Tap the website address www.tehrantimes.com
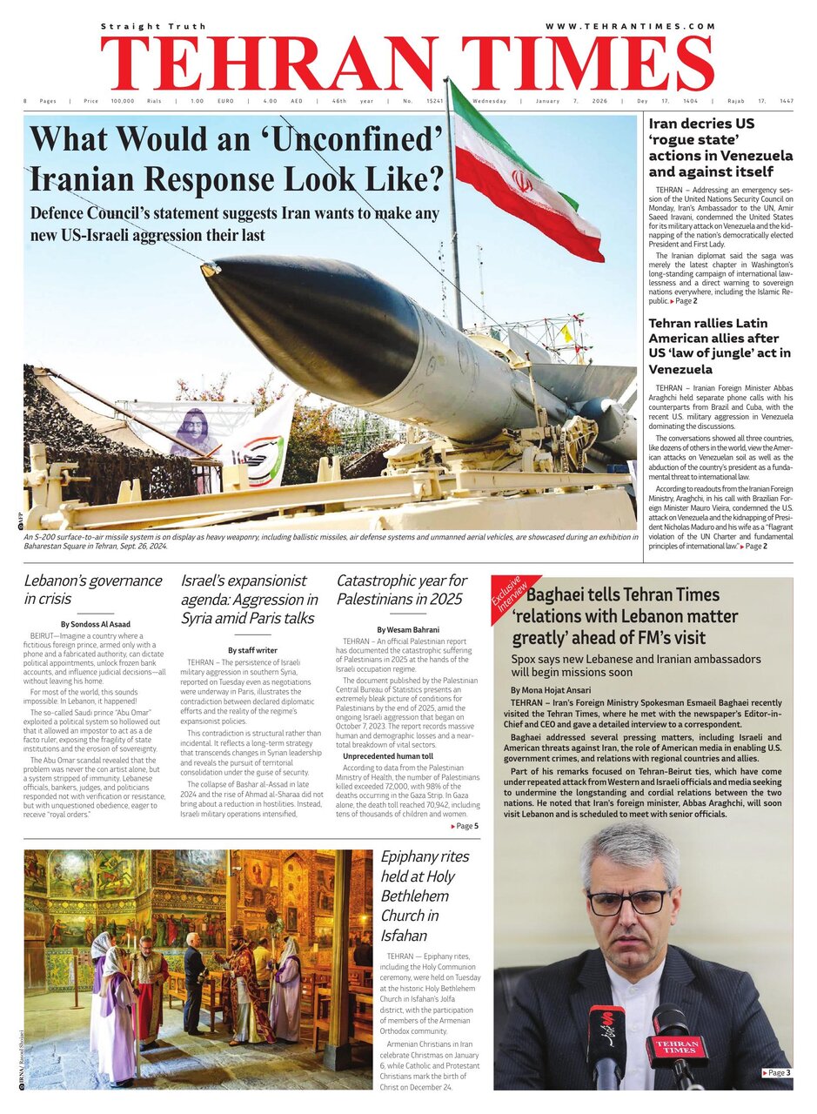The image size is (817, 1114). [x=630, y=27]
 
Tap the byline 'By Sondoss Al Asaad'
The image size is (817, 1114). [x=96, y=624]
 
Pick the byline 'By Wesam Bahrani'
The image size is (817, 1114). [x=408, y=629]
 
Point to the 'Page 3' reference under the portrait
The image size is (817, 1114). [x=776, y=1073]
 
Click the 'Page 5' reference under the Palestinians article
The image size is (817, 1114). [x=465, y=826]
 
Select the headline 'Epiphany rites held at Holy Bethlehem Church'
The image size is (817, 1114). [x=423, y=896]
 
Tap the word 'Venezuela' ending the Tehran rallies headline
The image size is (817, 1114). [x=680, y=369]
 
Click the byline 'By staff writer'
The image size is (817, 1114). [x=252, y=650]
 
